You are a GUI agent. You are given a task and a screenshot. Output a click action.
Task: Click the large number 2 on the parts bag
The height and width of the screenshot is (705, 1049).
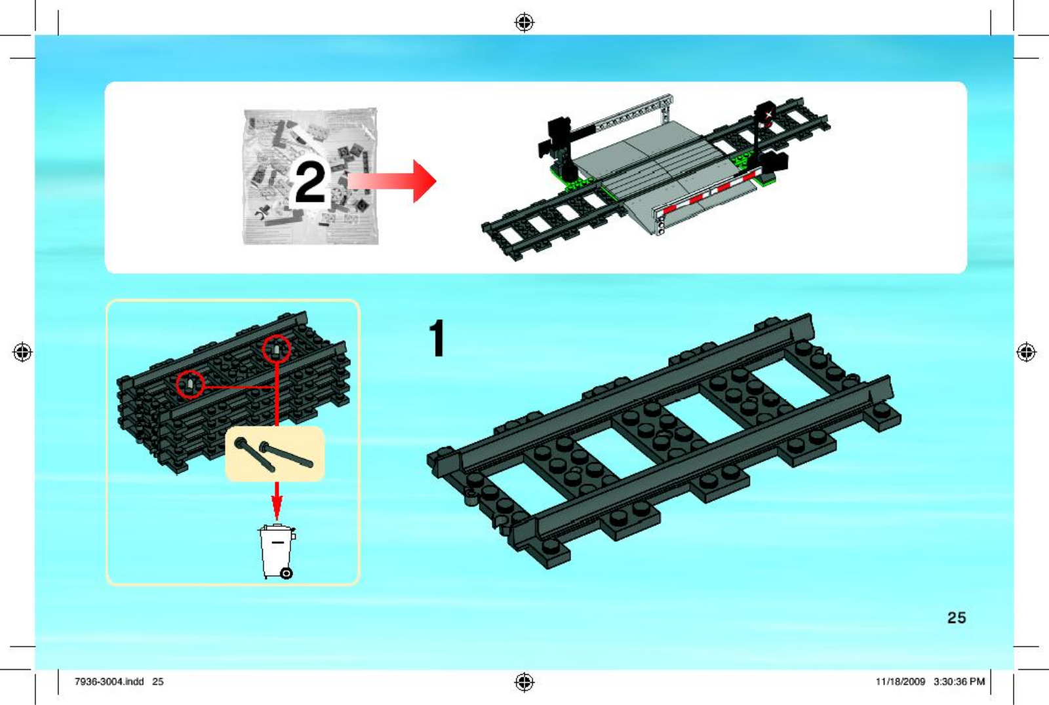309,182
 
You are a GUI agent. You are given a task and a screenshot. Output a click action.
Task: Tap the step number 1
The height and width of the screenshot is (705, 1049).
437,339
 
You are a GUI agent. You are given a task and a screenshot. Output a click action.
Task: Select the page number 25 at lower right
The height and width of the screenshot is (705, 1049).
957,617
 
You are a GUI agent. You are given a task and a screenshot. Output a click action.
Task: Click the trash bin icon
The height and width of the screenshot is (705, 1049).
277,552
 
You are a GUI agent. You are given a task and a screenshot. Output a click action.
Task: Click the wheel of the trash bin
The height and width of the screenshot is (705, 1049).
286,573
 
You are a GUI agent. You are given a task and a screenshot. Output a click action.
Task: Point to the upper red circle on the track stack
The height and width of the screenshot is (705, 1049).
276,349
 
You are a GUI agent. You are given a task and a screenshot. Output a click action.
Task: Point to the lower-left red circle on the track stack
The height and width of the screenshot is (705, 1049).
190,385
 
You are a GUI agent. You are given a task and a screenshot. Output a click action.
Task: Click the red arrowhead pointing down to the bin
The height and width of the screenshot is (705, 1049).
277,509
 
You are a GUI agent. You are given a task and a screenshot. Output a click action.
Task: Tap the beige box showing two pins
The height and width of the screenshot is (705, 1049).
275,453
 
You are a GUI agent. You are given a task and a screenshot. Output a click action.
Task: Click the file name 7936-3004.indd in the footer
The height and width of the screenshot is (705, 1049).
109,681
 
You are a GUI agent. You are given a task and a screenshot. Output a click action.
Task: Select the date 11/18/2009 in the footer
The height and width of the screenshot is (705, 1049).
900,681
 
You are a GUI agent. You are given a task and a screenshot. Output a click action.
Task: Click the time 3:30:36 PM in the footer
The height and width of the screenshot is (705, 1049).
959,681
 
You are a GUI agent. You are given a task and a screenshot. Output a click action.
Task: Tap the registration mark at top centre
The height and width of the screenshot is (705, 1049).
524,22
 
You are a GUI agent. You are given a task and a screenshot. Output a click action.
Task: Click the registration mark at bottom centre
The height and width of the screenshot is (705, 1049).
524,681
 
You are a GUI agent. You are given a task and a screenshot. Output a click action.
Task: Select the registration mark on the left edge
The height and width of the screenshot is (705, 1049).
22,352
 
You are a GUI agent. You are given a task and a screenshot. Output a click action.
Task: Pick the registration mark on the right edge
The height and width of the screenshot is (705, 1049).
1026,352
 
